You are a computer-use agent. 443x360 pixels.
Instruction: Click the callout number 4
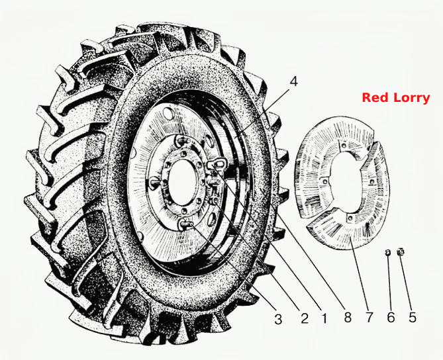point(293,82)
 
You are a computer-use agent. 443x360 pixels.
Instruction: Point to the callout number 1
point(324,318)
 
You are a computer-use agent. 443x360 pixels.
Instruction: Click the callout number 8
point(348,318)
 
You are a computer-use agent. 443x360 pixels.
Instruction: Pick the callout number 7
point(369,318)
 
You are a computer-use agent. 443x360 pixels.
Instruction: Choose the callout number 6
point(391,318)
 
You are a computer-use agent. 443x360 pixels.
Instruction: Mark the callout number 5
point(412,318)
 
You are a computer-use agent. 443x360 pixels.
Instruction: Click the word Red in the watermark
point(373,98)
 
